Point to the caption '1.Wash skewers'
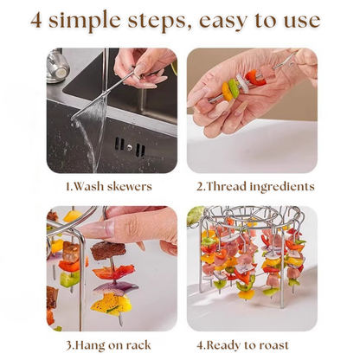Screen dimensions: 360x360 coord(110,186)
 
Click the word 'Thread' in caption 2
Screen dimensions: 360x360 coord(233,186)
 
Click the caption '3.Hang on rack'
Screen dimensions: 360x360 coord(110,345)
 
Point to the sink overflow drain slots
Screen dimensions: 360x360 coord(139,150)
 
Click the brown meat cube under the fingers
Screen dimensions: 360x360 coord(108,251)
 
